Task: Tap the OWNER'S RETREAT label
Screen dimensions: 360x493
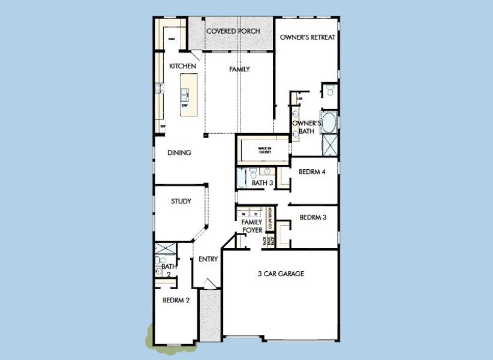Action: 307,37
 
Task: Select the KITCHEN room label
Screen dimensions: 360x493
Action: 182,66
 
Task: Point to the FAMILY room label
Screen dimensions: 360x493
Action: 239,70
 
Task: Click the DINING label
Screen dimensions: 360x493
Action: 179,153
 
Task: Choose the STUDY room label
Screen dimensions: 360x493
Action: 181,202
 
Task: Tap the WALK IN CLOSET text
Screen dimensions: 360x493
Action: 264,150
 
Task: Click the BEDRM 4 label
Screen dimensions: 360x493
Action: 312,172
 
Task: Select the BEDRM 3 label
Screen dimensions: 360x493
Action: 312,217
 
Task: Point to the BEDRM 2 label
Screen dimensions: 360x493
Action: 176,301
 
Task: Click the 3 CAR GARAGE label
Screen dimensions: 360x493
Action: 281,274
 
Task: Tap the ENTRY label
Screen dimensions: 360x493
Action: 208,259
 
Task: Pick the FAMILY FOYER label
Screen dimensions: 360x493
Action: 251,226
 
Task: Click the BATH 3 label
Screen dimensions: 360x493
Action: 262,183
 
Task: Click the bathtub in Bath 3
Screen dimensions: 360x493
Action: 241,179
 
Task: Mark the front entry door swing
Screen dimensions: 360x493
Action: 208,285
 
